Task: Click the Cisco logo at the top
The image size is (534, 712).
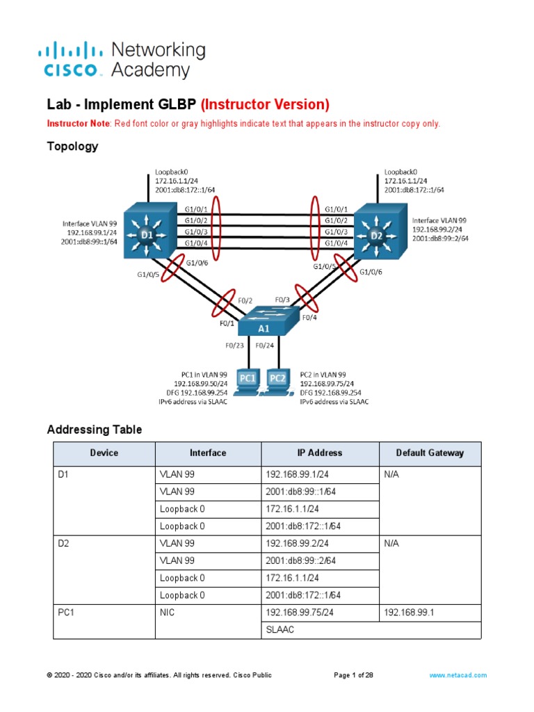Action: tap(73, 59)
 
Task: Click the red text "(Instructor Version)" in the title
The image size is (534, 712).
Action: tap(265, 104)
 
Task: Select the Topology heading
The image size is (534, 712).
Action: tap(72, 146)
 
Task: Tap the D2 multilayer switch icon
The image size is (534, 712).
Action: tap(376, 234)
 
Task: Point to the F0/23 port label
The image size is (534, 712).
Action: tap(234, 345)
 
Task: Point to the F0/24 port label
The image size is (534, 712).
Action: tap(265, 345)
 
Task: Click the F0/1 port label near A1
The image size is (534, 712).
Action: tap(227, 323)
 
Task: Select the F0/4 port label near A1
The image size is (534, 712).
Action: tap(309, 317)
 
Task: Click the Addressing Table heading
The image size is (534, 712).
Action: tap(94, 430)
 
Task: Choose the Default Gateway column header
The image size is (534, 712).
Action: tap(430, 453)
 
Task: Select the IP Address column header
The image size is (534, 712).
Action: tap(320, 453)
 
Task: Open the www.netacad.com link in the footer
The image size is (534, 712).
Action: tap(458, 675)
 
